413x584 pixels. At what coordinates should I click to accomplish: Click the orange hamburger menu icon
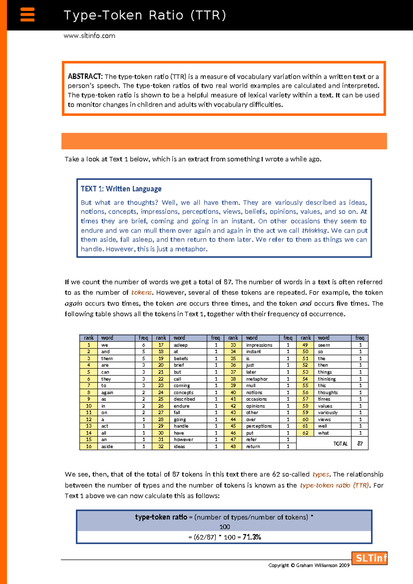(28, 15)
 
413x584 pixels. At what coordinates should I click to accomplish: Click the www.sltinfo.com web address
(89, 36)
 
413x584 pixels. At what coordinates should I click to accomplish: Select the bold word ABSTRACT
(85, 76)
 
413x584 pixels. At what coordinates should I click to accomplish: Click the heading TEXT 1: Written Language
(121, 189)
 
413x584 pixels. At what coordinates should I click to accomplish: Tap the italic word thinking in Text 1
(315, 230)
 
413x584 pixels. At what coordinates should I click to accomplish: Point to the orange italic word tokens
(141, 293)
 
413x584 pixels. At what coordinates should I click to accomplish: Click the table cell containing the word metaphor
(257, 379)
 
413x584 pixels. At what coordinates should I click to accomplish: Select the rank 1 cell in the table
(88, 345)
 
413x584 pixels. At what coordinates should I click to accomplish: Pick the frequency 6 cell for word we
(144, 345)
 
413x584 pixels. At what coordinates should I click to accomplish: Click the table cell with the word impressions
(259, 345)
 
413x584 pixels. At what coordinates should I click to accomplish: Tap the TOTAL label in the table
(340, 444)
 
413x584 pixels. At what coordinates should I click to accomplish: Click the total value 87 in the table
(360, 444)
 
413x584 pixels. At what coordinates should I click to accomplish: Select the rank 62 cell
(305, 433)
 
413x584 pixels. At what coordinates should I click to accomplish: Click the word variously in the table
(328, 413)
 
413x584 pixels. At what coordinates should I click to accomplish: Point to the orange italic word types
(321, 474)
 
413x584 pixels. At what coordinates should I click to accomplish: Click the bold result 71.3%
(252, 537)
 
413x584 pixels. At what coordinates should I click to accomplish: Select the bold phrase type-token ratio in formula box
(161, 517)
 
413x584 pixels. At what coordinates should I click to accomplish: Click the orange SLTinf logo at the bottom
(370, 558)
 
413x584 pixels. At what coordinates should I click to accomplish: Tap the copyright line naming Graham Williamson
(309, 565)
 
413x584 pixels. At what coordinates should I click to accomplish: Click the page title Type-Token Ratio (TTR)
(145, 15)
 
